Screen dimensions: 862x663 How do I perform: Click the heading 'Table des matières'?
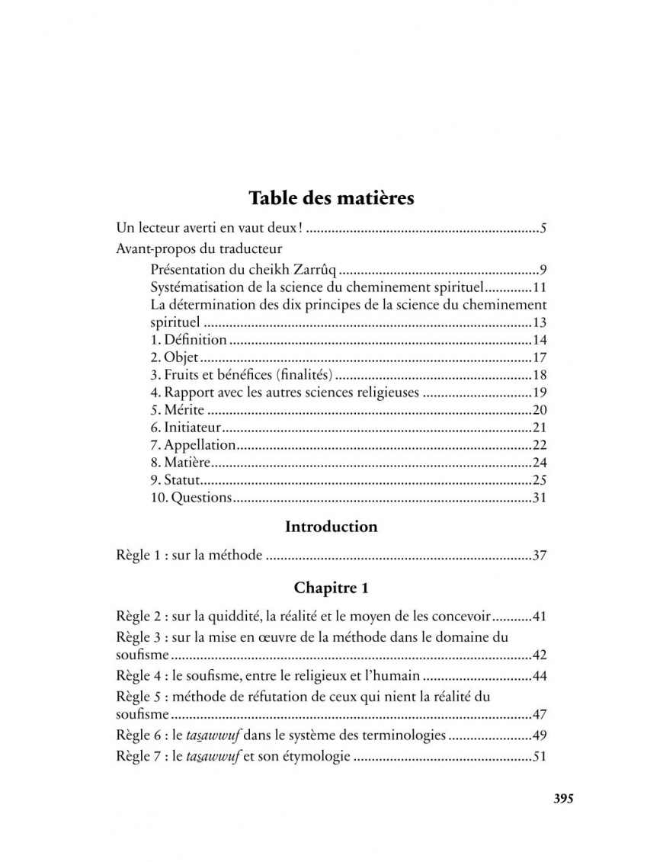331,198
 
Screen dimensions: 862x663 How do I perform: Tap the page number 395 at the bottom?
562,799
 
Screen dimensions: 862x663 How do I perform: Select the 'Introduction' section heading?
331,527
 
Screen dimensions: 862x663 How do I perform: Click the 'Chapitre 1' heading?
331,588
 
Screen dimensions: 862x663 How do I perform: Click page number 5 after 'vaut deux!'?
543,228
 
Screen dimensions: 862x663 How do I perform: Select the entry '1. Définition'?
188,340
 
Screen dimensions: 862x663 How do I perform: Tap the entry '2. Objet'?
175,357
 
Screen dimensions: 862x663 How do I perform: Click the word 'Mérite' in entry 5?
184,410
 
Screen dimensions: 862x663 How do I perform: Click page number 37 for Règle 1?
539,556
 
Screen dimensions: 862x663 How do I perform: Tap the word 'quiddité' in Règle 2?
224,616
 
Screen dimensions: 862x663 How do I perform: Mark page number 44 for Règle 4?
539,676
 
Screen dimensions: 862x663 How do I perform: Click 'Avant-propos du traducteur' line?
199,248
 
